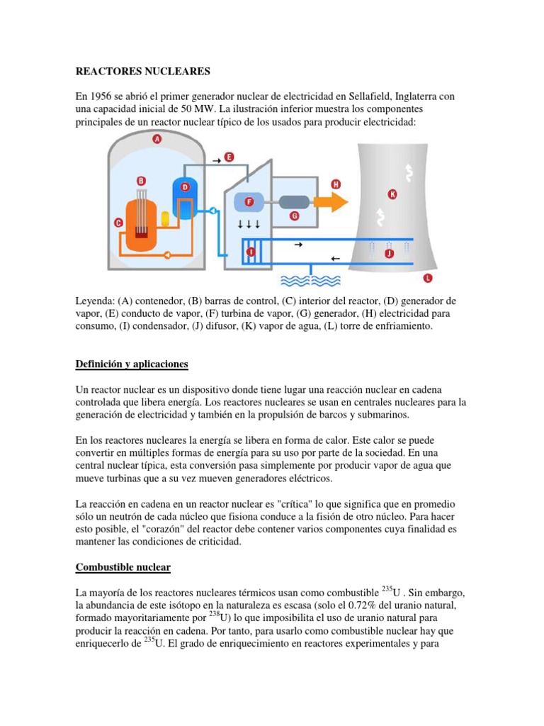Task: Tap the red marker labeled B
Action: (x=141, y=181)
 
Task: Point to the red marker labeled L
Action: (x=426, y=277)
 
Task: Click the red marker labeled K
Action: (x=392, y=194)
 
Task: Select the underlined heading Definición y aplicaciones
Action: (x=132, y=364)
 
